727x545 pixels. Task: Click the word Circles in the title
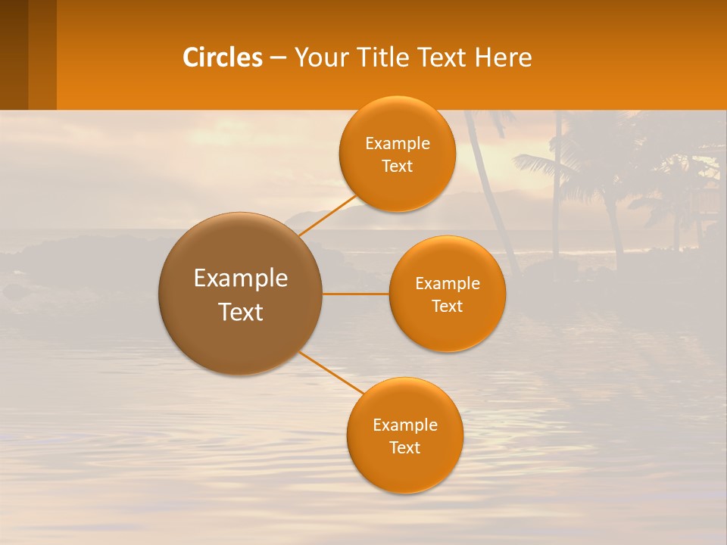pos(222,58)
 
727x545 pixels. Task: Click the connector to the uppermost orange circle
pos(327,216)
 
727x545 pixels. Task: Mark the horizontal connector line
pos(355,294)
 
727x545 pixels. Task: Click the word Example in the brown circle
pos(240,279)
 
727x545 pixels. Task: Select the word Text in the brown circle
pos(240,312)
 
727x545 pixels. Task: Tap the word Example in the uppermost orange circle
pos(397,144)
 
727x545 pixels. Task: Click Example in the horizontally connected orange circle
pos(447,284)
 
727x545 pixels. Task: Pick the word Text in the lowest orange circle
pos(404,447)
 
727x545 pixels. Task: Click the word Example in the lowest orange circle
pos(404,425)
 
